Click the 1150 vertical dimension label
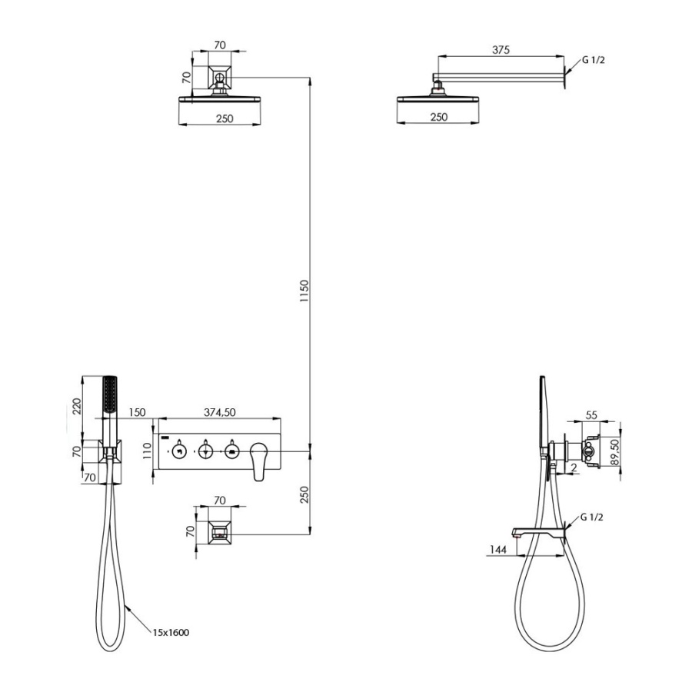click(x=304, y=291)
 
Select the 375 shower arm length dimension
click(x=501, y=50)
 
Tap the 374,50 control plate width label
click(x=220, y=412)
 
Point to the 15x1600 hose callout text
click(x=171, y=633)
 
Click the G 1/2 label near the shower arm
click(x=593, y=60)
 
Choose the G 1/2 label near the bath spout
click(x=591, y=517)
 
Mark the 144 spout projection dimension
click(x=497, y=549)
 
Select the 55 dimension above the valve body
click(x=591, y=415)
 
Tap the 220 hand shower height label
click(x=77, y=406)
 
